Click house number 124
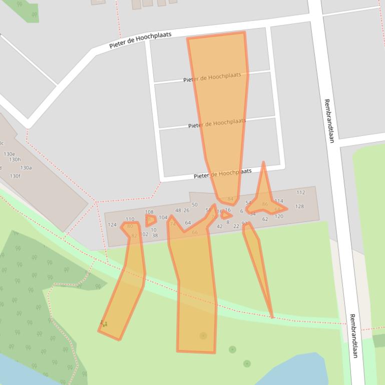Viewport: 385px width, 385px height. click(x=112, y=224)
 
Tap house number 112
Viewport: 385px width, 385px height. click(x=300, y=192)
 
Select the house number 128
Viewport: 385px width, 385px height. click(x=299, y=206)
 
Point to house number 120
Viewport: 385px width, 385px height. click(x=279, y=216)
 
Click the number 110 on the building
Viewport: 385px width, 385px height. click(x=130, y=219)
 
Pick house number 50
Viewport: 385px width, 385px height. click(x=195, y=204)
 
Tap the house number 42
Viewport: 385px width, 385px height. click(x=219, y=226)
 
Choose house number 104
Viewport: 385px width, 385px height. click(x=163, y=217)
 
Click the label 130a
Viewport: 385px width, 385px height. click(x=26, y=168)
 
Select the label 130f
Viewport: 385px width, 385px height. click(x=15, y=176)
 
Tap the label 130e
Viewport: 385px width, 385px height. click(x=10, y=154)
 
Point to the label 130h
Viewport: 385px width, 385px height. click(x=15, y=160)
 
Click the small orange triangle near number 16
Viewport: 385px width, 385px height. click(x=226, y=215)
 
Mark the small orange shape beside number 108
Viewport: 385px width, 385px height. click(x=150, y=219)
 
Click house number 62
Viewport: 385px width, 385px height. click(x=265, y=219)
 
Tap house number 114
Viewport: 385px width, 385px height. click(x=279, y=201)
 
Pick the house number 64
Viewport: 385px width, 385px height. click(x=188, y=222)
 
